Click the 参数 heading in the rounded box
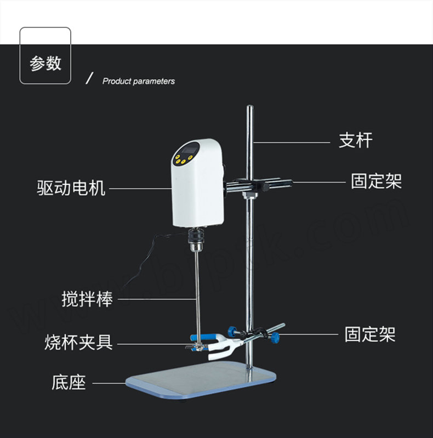click(x=45, y=63)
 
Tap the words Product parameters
click(x=139, y=81)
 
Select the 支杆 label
click(x=356, y=140)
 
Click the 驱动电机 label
click(x=71, y=187)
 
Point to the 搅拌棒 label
click(x=87, y=299)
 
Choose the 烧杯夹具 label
click(x=78, y=342)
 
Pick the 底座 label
click(x=69, y=383)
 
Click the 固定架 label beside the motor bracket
click(x=377, y=181)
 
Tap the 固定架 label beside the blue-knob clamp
click(x=370, y=334)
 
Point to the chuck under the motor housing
click(x=197, y=240)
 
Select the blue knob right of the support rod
click(x=276, y=338)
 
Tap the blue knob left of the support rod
click(x=232, y=331)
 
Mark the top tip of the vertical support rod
click(x=250, y=106)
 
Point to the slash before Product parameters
click(x=89, y=78)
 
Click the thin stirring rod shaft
click(x=197, y=293)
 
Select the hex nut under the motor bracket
click(x=249, y=195)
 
